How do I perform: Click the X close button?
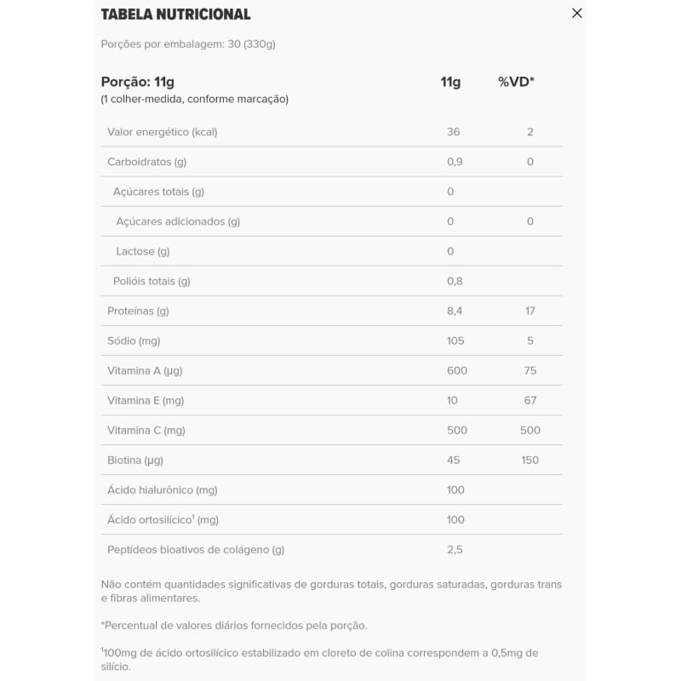tap(577, 14)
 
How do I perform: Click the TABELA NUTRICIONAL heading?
tap(175, 14)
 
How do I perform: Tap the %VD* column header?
tap(516, 82)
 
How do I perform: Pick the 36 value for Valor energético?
tap(453, 132)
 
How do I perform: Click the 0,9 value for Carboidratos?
tap(455, 162)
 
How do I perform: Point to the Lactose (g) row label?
tap(143, 251)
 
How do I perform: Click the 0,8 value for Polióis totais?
tap(455, 281)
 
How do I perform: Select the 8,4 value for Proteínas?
tap(455, 311)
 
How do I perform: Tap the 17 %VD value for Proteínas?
tap(529, 311)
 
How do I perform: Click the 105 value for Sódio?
tap(455, 340)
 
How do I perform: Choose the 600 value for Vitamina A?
tap(457, 370)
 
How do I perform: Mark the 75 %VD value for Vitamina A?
tap(529, 370)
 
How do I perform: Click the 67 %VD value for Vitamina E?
tap(529, 400)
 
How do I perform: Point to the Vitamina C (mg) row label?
tap(146, 430)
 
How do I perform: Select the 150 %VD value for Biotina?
tap(529, 460)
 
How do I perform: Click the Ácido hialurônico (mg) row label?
tap(163, 489)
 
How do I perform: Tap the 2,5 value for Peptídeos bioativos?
tap(455, 549)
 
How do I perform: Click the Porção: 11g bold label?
tap(138, 82)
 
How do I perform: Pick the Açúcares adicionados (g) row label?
tap(178, 221)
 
